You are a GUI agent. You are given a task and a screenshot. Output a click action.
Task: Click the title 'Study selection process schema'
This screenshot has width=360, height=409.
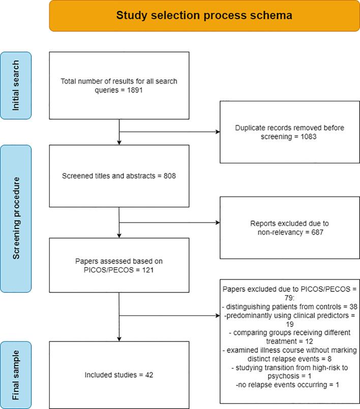point(204,16)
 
